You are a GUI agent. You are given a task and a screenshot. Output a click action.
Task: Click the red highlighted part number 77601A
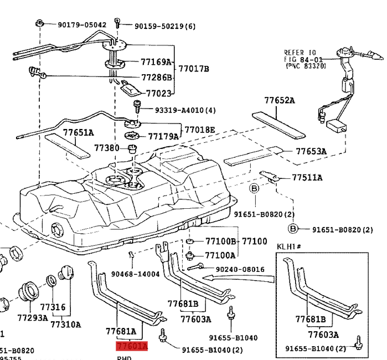(132, 347)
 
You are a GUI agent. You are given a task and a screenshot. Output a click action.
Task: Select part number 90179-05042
(82, 25)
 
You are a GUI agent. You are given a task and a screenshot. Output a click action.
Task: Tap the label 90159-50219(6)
(157, 25)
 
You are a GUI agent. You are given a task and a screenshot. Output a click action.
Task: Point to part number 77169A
(156, 63)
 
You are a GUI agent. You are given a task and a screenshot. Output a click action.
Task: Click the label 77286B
(157, 78)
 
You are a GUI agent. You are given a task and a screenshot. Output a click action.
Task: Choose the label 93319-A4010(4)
(177, 110)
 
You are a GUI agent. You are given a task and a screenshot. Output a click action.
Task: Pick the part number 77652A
(279, 101)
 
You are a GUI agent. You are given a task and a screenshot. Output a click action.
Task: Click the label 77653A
(311, 151)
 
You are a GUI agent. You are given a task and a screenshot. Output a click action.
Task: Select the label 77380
(106, 148)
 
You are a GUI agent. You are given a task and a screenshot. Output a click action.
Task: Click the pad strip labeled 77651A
(66, 146)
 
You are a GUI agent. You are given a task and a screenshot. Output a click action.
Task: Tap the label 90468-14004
(135, 274)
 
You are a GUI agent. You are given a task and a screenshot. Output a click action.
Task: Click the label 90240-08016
(240, 269)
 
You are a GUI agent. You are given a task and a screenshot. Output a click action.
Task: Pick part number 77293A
(33, 318)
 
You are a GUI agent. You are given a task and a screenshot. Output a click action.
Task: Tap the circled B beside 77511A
(255, 189)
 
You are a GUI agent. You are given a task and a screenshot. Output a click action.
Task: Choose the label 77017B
(194, 69)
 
